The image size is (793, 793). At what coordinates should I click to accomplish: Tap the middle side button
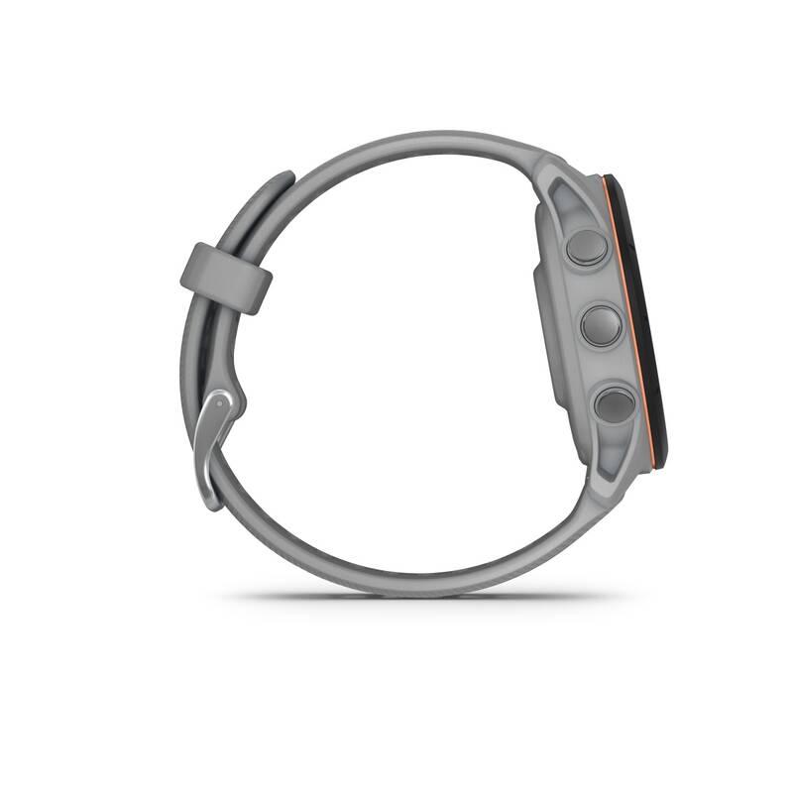(x=601, y=325)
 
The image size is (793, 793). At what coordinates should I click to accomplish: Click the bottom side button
(x=614, y=405)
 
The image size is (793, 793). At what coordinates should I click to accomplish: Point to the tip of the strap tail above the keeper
(x=284, y=179)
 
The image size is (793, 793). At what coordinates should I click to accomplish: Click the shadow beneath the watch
(x=416, y=597)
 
